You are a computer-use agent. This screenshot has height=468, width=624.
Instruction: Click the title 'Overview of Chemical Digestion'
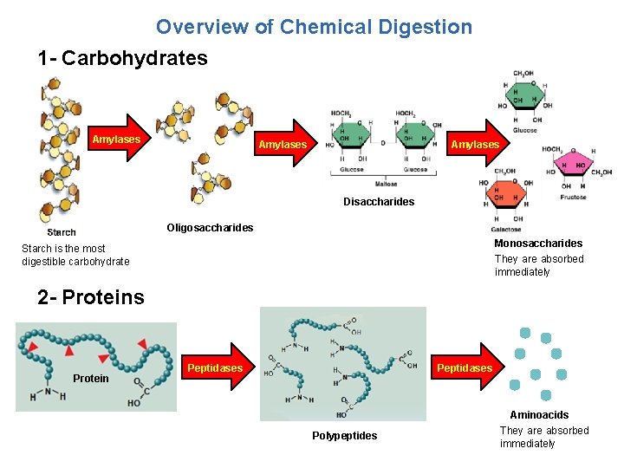coord(314,27)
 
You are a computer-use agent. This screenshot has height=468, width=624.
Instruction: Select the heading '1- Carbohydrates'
coord(123,59)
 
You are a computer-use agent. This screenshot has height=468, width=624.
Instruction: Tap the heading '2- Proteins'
coord(91,297)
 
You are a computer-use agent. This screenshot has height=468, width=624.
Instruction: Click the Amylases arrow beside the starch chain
coord(120,139)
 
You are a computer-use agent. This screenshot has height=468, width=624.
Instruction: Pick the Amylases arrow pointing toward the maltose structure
coord(285,144)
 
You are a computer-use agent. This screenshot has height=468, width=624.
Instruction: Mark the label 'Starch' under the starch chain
coord(62,232)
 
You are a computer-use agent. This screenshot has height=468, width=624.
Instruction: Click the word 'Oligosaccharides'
coord(210,228)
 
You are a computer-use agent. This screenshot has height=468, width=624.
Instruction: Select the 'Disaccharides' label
coord(379,202)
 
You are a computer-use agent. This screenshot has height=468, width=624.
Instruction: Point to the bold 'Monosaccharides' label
coord(538,244)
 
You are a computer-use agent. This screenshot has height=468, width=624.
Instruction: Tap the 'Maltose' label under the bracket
coord(386,184)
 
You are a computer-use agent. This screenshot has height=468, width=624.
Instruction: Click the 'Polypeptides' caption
coord(345,436)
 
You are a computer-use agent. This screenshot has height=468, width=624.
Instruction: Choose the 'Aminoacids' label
coord(539,415)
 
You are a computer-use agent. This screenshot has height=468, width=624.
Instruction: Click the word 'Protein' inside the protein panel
coord(91,379)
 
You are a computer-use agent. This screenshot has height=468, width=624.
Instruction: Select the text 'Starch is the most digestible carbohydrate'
coord(75,255)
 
